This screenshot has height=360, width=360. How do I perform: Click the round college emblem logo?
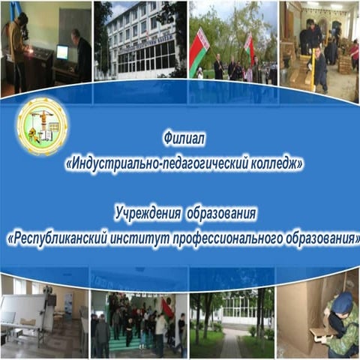click(42, 125)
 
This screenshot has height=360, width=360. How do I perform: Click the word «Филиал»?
click(183, 139)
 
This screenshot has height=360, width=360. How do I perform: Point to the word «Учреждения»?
click(146, 215)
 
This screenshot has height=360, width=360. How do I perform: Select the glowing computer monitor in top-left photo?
click(61, 52)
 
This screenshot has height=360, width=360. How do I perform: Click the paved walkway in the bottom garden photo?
click(229, 345)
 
